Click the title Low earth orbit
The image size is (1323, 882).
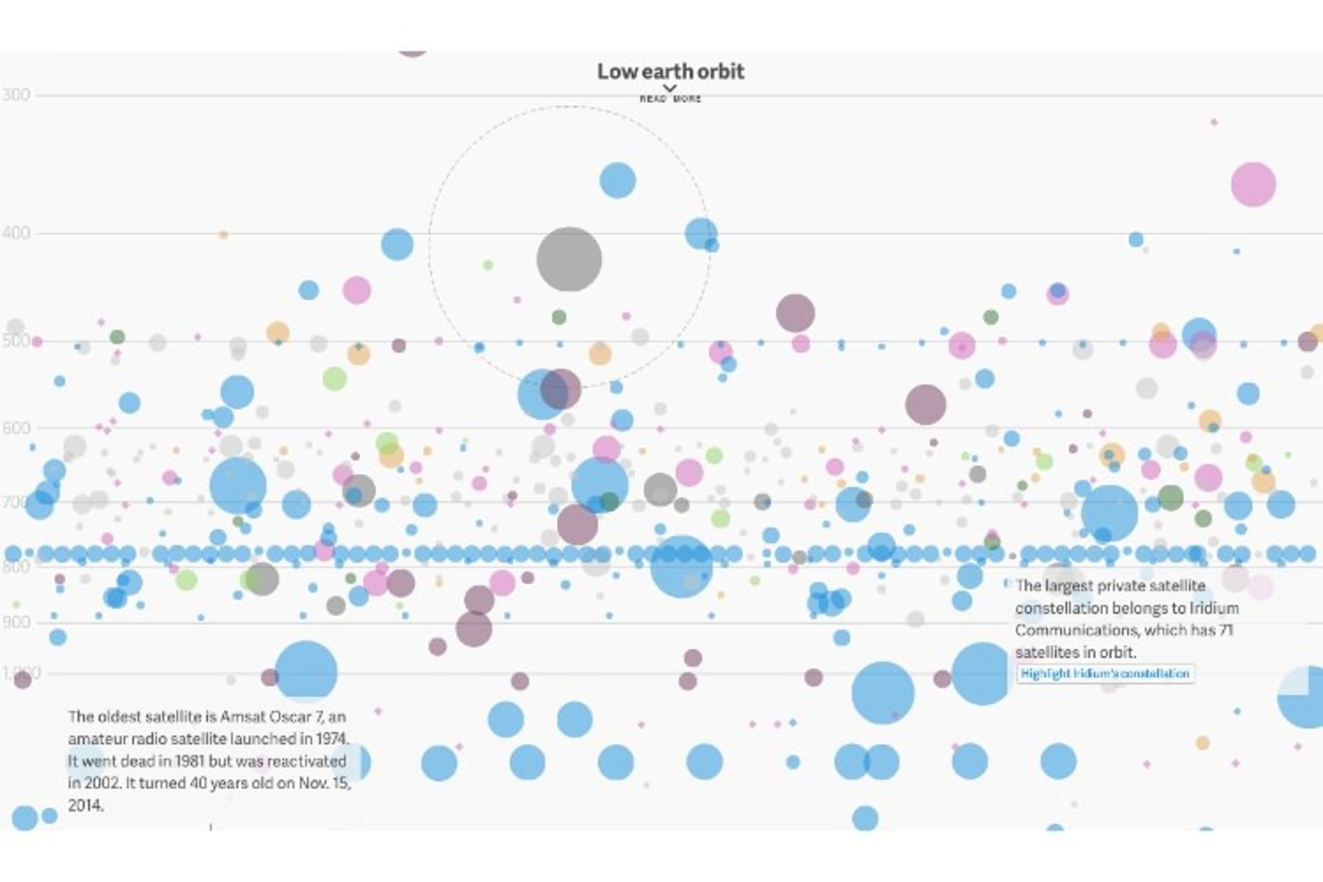[x=670, y=71]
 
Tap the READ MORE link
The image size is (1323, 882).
[x=670, y=99]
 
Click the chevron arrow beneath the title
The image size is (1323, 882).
[x=669, y=88]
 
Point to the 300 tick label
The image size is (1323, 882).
[x=16, y=94]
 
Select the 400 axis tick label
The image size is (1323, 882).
[x=16, y=233]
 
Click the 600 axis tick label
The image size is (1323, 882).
[x=16, y=428]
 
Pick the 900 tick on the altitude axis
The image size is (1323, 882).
[x=16, y=622]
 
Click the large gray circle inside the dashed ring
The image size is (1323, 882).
[x=569, y=260]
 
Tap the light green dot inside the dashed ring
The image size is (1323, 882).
[x=488, y=265]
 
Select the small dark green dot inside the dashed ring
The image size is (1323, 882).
[x=559, y=317]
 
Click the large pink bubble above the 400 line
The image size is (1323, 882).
[x=1253, y=184]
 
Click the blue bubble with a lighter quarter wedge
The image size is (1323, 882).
[x=1304, y=697]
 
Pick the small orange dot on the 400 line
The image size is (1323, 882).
[x=223, y=235]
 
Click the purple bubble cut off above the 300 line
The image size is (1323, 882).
[x=412, y=51]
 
